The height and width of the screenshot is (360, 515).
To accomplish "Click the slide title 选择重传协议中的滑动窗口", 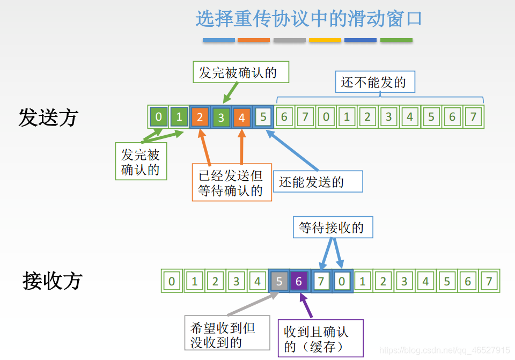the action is point(308,19).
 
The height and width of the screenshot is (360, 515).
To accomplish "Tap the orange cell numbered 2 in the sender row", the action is point(200,117).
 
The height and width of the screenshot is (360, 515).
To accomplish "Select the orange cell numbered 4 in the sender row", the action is point(241,117).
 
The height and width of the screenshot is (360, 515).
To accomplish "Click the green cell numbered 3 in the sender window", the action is point(220,117).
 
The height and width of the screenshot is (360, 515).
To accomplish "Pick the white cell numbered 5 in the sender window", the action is point(262,117).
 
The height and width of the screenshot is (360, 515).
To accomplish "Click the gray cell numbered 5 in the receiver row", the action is point(278,281).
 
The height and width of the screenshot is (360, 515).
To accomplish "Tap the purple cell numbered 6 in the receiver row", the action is point(299,281).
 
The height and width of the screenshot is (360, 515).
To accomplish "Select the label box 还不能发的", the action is point(374,83).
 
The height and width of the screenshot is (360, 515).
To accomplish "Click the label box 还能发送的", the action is point(318,182).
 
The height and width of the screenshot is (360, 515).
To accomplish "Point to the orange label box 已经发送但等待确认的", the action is point(232,183).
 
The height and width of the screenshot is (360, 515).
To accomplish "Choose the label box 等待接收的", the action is point(332,227).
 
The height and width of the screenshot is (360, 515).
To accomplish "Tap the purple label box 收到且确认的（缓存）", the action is point(320,339).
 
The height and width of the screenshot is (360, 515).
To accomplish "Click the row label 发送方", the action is point(48,117).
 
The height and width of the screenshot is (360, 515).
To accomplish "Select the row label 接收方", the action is point(53,281).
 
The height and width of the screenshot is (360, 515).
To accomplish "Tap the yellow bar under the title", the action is point(325,40).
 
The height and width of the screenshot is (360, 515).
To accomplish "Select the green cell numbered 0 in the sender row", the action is point(158,117).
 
